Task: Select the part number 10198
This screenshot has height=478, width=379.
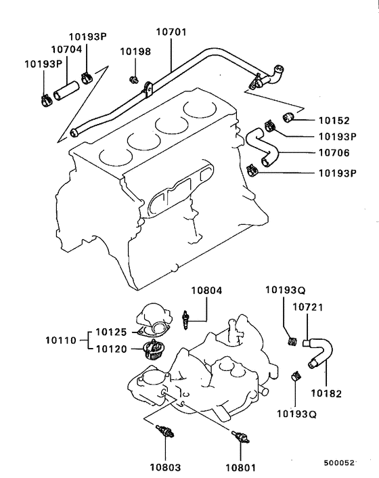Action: pos(135,51)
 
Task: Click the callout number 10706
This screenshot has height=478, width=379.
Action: pos(334,154)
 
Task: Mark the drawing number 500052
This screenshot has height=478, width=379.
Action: pos(339,462)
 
